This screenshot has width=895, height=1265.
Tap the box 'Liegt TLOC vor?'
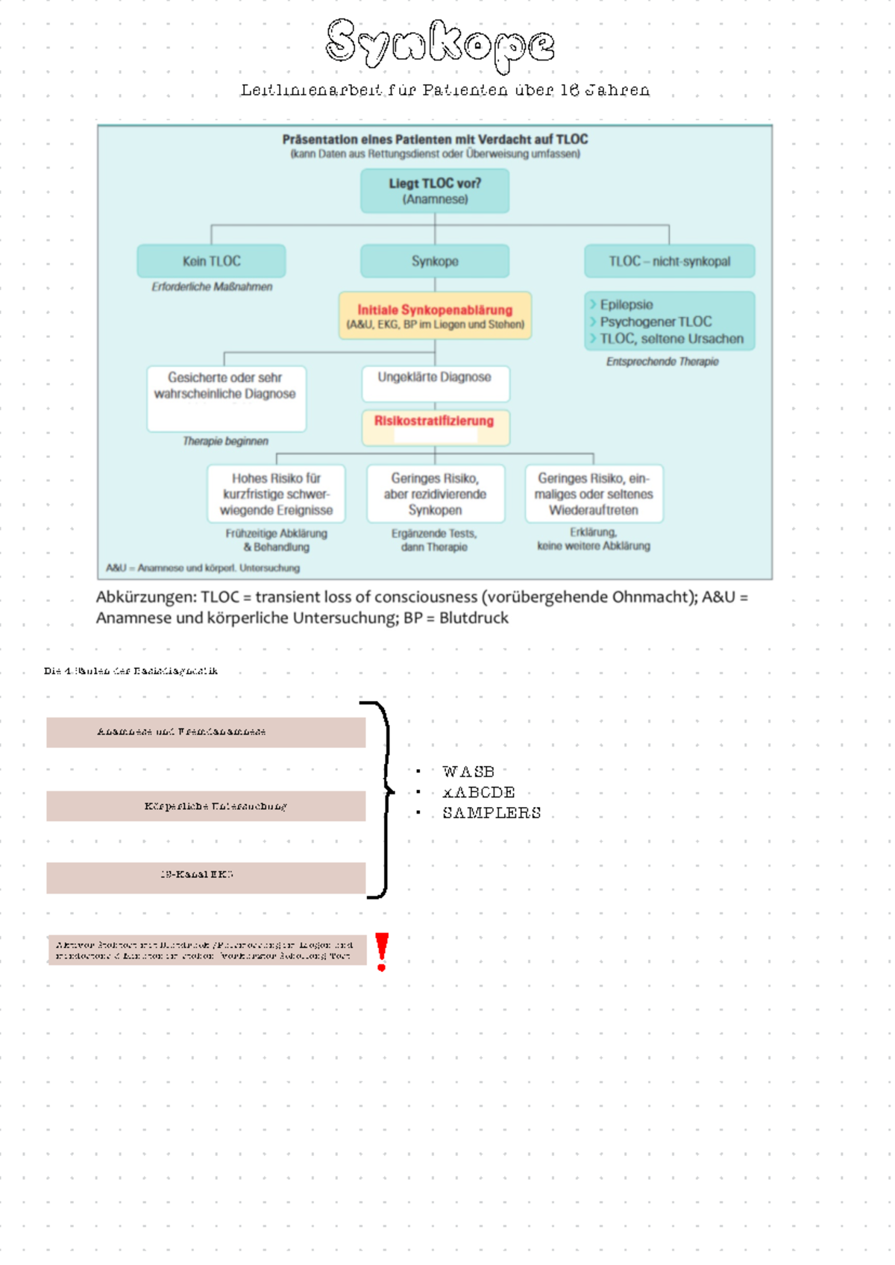(x=435, y=191)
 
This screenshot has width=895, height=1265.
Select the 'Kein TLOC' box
(x=211, y=261)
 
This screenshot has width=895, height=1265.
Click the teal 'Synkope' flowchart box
(x=435, y=261)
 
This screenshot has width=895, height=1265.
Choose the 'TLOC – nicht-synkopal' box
(x=669, y=261)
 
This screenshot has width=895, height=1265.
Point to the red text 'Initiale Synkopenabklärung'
(x=435, y=310)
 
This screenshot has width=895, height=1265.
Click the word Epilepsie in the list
(x=626, y=304)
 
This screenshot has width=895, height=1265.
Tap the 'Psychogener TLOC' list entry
(x=656, y=321)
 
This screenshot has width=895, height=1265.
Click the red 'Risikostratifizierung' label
(x=434, y=421)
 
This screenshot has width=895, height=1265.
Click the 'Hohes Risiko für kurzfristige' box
(x=276, y=494)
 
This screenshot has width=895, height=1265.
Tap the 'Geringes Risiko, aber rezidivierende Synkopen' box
(x=435, y=494)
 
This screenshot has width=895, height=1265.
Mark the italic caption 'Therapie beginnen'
(x=225, y=442)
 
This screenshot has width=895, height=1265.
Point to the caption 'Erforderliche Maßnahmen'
(x=212, y=286)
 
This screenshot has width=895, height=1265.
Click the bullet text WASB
(x=468, y=771)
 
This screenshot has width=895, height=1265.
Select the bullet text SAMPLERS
(x=492, y=812)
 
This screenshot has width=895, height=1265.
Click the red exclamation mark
(x=382, y=951)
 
